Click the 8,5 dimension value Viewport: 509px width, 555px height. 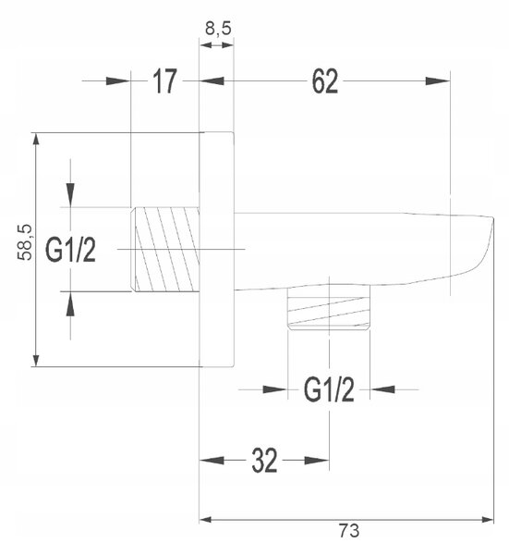click(218, 29)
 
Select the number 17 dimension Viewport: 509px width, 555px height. click(164, 81)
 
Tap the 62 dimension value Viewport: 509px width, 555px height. click(325, 81)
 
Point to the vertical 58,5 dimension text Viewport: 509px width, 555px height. click(25, 242)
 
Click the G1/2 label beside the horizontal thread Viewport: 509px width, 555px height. click(70, 251)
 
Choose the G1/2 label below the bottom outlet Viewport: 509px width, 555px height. click(329, 390)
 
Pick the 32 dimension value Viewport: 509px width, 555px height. click(264, 461)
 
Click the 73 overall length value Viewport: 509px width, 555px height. click(349, 531)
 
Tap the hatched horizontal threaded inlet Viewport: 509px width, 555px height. click(165, 250)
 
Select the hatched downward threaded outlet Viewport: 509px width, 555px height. click(329, 308)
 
